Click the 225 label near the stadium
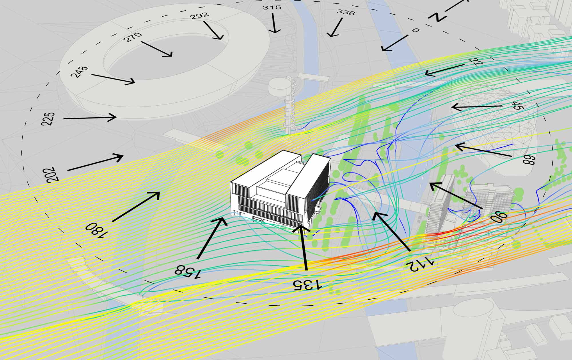(48, 119)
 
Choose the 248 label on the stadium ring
(79, 72)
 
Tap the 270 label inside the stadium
(132, 37)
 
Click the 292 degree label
(200, 15)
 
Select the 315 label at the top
(272, 7)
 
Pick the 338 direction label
(346, 12)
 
